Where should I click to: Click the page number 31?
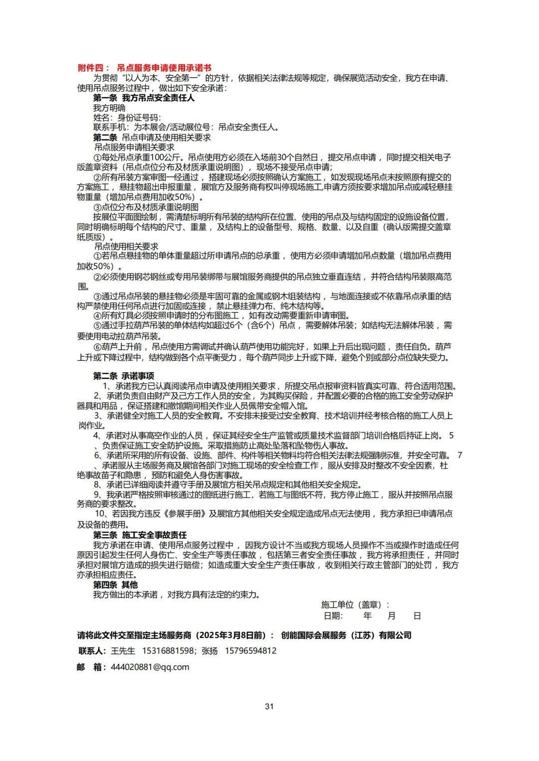[269, 706]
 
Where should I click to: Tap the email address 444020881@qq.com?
[150, 667]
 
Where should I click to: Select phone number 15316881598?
[168, 651]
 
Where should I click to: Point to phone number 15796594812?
[251, 651]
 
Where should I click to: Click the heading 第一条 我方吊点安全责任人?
[144, 98]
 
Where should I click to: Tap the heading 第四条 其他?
[115, 585]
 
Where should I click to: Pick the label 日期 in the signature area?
[333, 615]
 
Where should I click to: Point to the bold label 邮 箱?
[91, 667]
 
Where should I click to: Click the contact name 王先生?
[123, 651]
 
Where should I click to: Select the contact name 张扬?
[210, 651]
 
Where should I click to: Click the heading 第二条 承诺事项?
[124, 376]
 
